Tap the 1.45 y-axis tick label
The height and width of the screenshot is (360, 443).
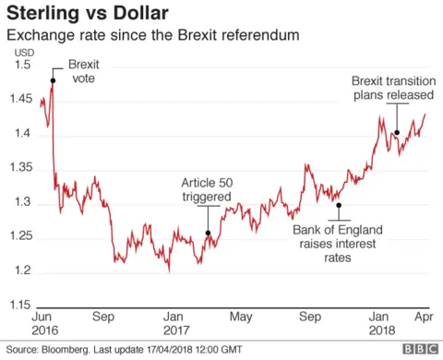[19, 101]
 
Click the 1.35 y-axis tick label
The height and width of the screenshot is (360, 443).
[19, 168]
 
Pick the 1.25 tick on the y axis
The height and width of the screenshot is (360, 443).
[19, 236]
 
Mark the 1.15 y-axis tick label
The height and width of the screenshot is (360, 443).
[19, 305]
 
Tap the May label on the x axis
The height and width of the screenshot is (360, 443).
[241, 316]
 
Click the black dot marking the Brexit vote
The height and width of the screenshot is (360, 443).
[52, 80]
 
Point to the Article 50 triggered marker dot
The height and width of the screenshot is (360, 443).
[208, 234]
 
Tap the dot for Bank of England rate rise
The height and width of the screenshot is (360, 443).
[339, 205]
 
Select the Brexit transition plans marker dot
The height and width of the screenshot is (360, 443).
[397, 132]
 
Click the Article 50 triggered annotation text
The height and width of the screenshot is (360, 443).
[208, 189]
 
